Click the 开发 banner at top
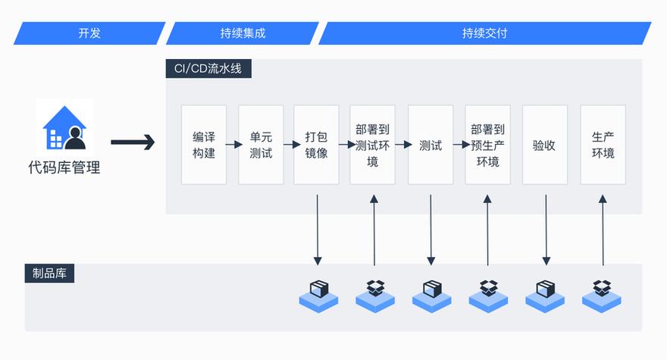click(89, 33)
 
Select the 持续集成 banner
click(243, 33)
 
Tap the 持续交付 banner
click(484, 33)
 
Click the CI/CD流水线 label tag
click(208, 68)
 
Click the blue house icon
click(64, 127)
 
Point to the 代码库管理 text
click(64, 167)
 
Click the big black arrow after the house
click(133, 142)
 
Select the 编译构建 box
click(204, 145)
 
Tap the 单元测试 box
click(261, 145)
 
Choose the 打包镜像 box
click(316, 145)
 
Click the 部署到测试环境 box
click(372, 145)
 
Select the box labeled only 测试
click(431, 145)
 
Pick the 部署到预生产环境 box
click(487, 145)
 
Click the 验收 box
click(544, 145)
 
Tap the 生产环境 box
click(603, 145)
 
